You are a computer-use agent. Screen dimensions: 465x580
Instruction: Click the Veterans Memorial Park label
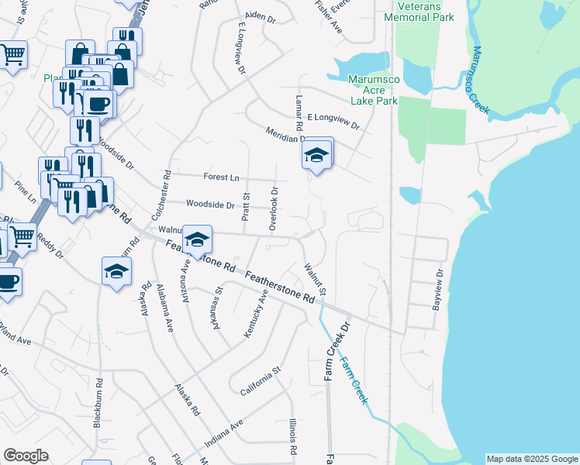(419, 11)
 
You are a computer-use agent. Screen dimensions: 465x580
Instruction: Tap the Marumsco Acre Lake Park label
(373, 90)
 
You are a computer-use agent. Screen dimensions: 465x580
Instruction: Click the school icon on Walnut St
(197, 239)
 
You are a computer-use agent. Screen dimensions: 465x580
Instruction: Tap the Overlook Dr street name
(273, 208)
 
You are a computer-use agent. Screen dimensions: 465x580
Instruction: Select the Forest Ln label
(221, 177)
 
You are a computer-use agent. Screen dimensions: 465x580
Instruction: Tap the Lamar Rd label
(298, 113)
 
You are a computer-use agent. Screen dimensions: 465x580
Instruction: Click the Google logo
(26, 456)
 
